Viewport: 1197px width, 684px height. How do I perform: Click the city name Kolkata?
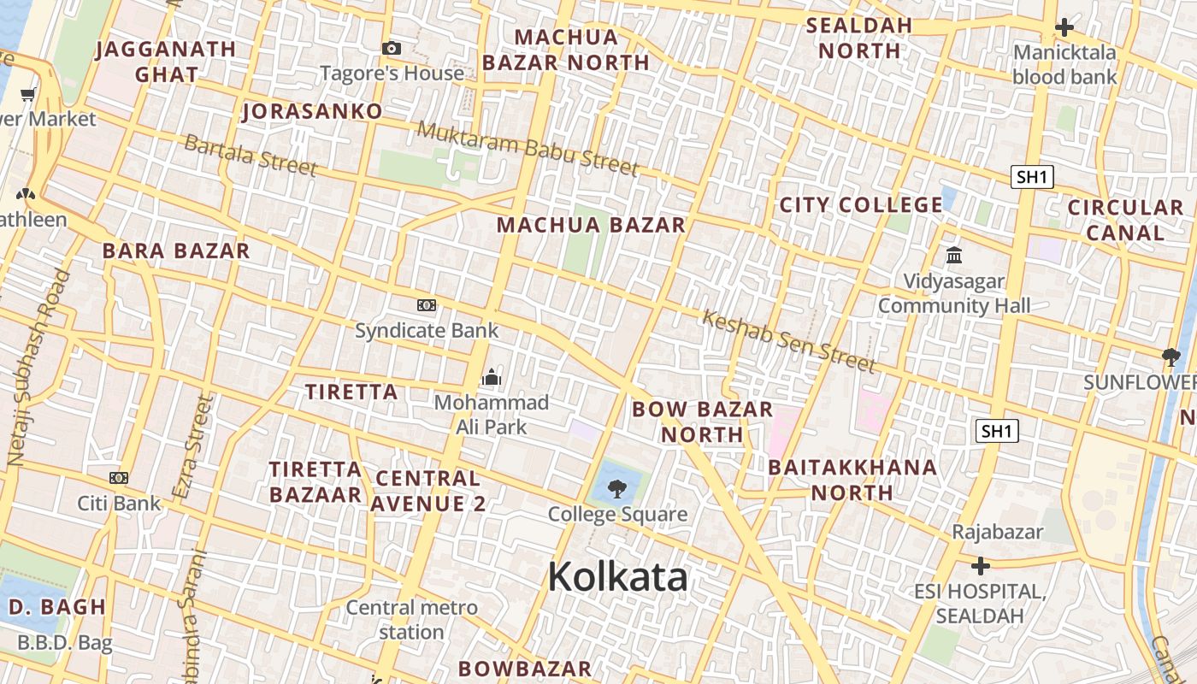coord(617,576)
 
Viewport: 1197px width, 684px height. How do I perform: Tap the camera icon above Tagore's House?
coord(392,49)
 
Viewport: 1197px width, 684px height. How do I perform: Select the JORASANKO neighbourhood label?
coord(312,111)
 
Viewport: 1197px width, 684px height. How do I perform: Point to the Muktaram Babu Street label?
coord(528,148)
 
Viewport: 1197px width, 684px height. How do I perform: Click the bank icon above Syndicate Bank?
coord(426,305)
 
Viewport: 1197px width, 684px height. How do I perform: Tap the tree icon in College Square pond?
coord(616,489)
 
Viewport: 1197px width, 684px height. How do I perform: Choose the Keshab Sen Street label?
coord(788,341)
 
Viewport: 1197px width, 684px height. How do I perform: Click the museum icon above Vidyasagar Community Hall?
coord(954,255)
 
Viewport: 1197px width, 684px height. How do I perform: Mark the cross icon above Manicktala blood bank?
coord(1064,27)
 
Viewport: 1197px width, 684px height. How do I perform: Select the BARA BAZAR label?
coord(176,251)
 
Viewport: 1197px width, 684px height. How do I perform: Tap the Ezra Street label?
coord(192,447)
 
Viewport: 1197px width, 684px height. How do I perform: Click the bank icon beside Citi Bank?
coord(119,478)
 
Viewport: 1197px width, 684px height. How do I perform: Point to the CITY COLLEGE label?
coord(861,205)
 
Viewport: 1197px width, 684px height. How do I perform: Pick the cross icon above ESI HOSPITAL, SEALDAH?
coord(981,565)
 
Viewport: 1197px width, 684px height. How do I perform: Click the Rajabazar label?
coord(998,532)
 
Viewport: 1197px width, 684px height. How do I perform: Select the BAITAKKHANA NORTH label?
coord(852,480)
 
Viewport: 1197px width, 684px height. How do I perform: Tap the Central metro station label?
coord(411,620)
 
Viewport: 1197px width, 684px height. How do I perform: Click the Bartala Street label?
coord(251,155)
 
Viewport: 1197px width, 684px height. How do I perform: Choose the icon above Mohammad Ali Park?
coord(492,376)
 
